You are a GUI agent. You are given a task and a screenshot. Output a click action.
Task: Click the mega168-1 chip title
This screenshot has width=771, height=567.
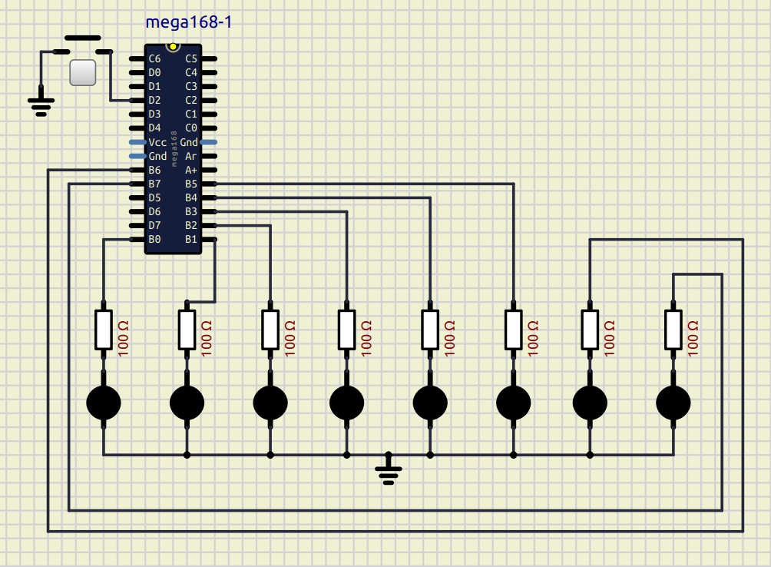(x=188, y=23)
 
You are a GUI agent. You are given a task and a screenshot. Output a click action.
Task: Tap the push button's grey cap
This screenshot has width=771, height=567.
(x=82, y=72)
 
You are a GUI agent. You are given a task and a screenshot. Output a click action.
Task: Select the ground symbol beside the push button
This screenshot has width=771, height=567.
(x=41, y=104)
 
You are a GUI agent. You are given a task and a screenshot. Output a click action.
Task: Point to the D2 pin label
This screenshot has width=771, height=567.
(x=154, y=100)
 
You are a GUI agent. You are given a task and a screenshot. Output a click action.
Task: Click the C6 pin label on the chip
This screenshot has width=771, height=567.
(x=154, y=58)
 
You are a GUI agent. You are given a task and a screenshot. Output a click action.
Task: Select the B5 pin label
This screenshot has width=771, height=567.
(x=191, y=184)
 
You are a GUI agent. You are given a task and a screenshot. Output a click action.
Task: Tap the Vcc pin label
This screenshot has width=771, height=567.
(x=157, y=142)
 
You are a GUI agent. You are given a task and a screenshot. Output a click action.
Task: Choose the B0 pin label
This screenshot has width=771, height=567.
(x=154, y=239)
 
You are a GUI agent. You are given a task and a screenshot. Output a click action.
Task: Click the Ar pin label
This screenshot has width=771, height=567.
(x=191, y=156)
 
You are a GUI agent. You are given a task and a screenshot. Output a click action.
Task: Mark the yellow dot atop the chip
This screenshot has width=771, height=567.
(x=173, y=46)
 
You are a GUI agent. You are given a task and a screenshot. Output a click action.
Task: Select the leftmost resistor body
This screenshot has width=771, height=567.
(x=104, y=330)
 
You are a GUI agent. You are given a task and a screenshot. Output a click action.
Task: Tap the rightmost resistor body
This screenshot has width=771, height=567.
(x=673, y=330)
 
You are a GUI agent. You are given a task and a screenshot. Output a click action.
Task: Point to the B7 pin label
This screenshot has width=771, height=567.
(x=154, y=184)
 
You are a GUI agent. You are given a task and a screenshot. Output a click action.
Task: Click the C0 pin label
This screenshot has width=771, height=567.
(x=191, y=128)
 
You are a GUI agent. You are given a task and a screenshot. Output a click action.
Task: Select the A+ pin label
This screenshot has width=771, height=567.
(x=191, y=170)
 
